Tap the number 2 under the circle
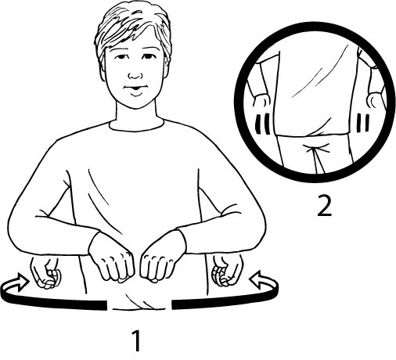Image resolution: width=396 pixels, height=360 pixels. tap(324, 206)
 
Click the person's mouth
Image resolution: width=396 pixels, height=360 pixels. tap(135, 90)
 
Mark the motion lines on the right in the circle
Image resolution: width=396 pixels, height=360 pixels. tap(363, 123)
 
